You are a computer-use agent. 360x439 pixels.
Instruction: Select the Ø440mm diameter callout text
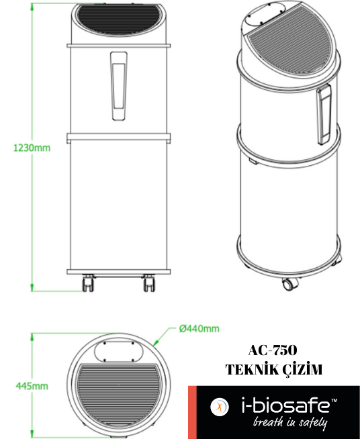(x=199, y=328)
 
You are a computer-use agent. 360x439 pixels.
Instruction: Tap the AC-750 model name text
(x=273, y=350)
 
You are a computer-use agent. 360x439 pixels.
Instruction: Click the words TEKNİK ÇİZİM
(x=273, y=370)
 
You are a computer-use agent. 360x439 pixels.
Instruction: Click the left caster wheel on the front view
(x=88, y=284)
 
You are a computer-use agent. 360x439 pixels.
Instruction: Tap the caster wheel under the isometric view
(x=288, y=283)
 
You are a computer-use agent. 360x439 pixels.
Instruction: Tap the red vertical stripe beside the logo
(x=191, y=412)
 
